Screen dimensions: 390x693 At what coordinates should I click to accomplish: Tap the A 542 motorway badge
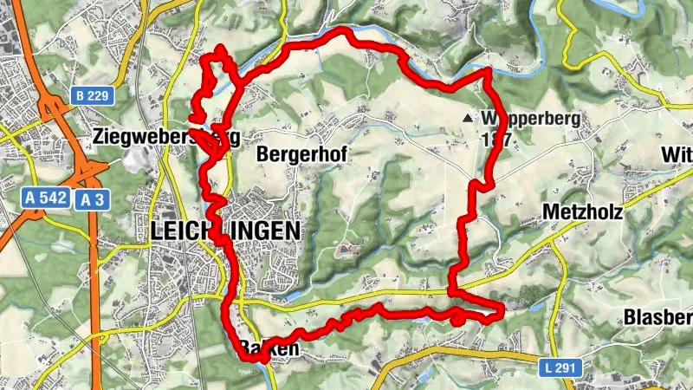[x=45, y=198]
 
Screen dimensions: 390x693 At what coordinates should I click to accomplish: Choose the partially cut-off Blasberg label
[x=657, y=318]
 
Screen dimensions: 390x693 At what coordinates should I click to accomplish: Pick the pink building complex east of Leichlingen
[x=344, y=251]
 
